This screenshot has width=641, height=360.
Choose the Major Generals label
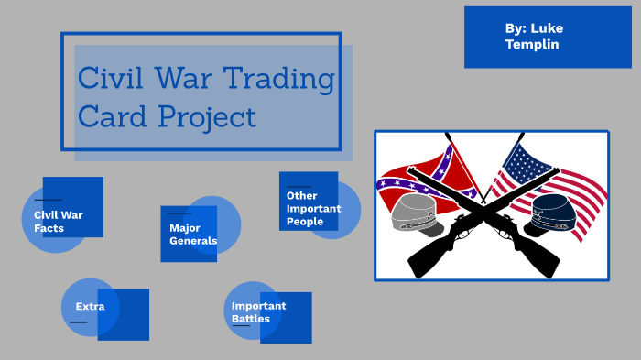[193, 234]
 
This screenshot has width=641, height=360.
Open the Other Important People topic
[313, 208]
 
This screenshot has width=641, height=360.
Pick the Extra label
[90, 306]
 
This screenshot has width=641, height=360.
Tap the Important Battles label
[258, 312]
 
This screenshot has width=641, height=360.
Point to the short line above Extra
[79, 322]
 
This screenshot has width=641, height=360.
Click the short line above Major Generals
[179, 213]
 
